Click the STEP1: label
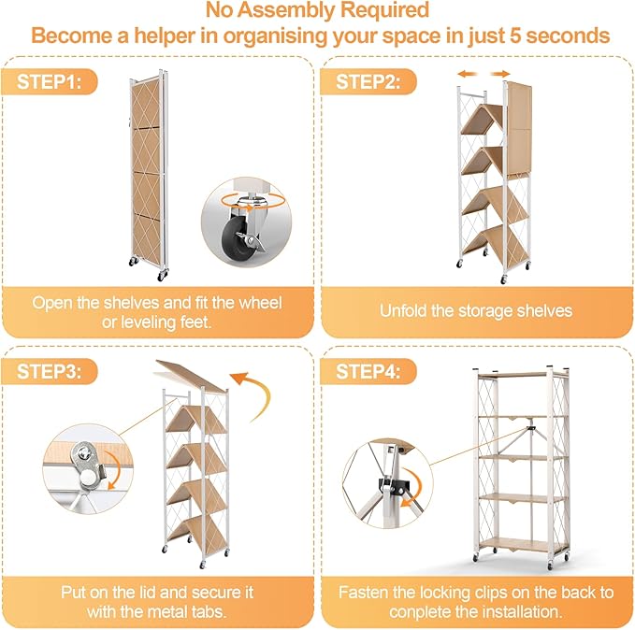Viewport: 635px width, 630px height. (x=49, y=81)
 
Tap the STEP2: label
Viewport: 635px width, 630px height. (x=368, y=81)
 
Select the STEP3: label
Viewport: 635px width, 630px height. (x=49, y=371)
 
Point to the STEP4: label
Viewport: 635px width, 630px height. (x=368, y=371)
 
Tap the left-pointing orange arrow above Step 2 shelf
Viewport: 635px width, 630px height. (x=467, y=74)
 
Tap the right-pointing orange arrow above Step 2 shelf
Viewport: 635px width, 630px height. (x=500, y=74)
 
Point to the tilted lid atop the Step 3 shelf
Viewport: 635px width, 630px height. (x=192, y=376)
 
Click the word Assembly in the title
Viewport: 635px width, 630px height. (x=285, y=9)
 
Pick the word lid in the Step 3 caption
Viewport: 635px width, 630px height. (x=176, y=593)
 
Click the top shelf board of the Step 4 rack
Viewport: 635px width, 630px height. (x=522, y=374)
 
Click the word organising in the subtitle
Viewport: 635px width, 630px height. (x=275, y=36)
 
